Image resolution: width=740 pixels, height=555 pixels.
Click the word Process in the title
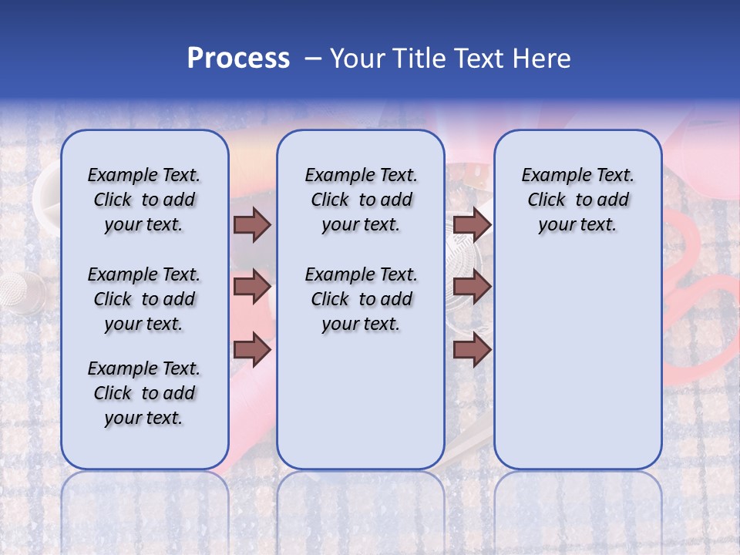coord(237,59)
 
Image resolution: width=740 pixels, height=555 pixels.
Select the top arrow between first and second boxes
coord(252,224)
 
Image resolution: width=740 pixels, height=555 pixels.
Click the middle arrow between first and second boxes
coord(252,287)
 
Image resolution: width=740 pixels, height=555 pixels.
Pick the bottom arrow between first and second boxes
coord(252,349)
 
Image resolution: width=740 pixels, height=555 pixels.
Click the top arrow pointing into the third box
coord(472,224)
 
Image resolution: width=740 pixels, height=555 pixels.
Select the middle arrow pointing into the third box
coord(472,287)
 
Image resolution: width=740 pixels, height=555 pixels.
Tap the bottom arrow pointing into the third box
coord(472,349)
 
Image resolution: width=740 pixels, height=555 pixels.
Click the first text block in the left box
coord(144,200)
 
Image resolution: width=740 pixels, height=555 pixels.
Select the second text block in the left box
coord(144,299)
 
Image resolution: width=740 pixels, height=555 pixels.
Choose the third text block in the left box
coord(144,393)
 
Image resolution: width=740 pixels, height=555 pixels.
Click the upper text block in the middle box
coord(361,200)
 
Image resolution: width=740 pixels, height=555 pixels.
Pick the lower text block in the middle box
coord(361,299)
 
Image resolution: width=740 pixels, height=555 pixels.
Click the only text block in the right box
coord(577,200)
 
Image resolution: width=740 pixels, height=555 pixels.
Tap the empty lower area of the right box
coord(577,362)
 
